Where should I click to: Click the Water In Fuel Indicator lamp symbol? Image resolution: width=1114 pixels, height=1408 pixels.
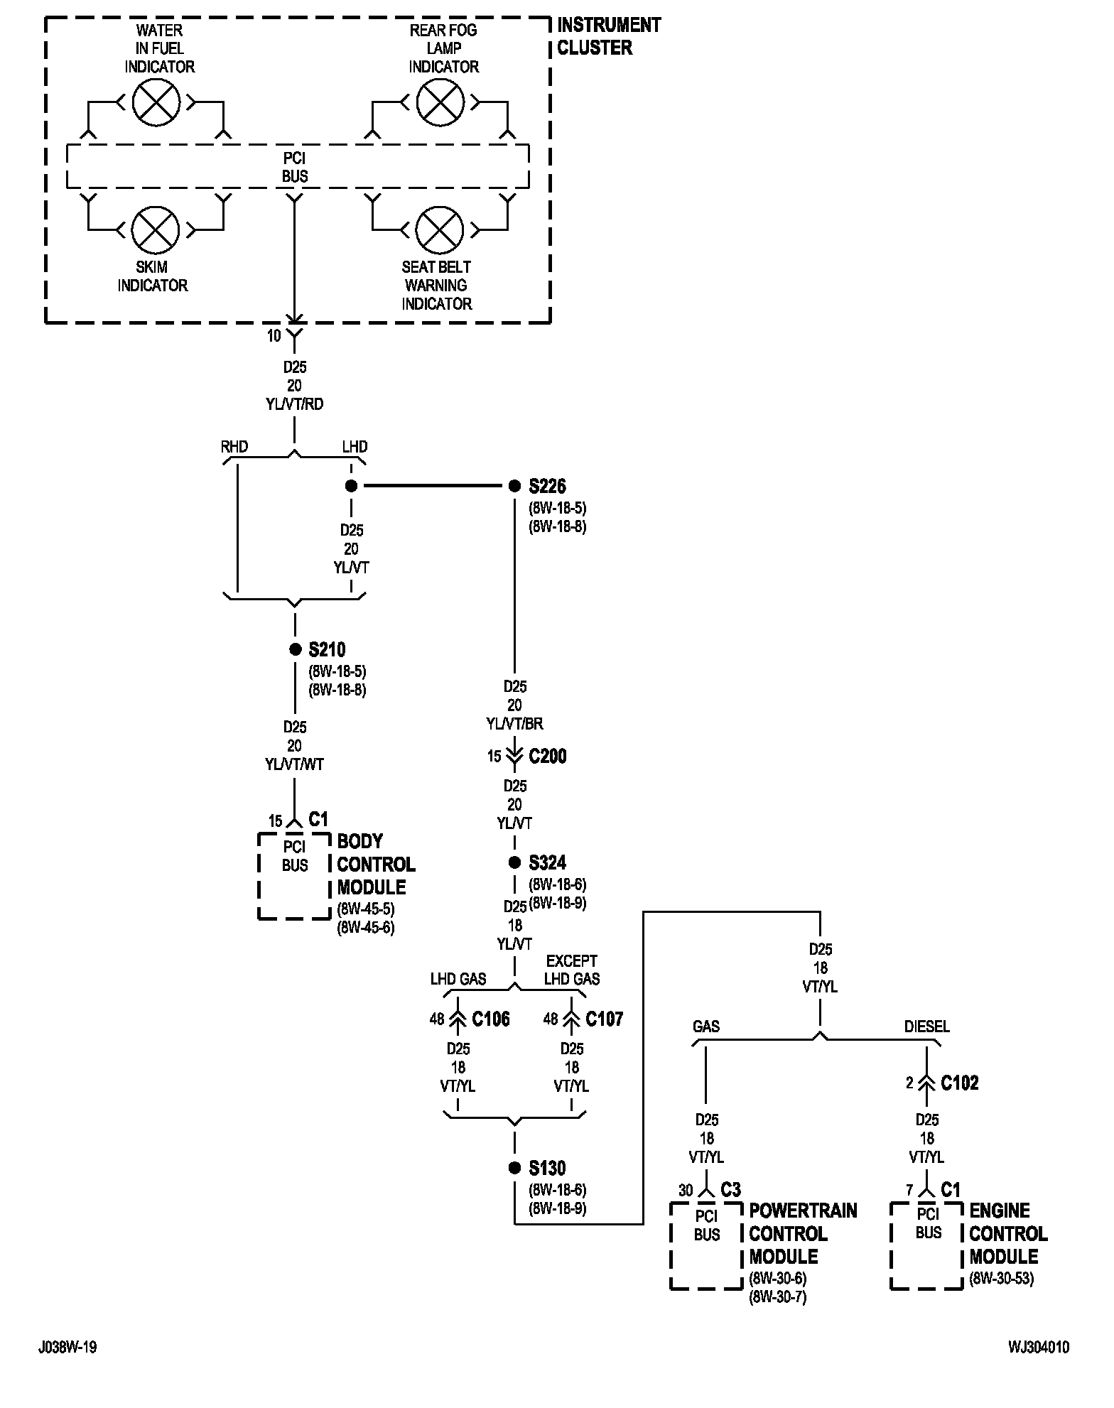[x=156, y=102]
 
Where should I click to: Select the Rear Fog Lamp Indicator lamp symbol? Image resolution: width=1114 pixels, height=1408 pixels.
[x=440, y=102]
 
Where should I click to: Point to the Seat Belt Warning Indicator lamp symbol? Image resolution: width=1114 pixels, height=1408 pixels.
[x=439, y=229]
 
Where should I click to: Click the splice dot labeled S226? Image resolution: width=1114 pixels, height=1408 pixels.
[x=515, y=486]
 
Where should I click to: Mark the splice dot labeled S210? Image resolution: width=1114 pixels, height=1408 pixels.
[x=295, y=649]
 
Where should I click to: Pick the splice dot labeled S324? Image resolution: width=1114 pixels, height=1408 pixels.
[x=515, y=862]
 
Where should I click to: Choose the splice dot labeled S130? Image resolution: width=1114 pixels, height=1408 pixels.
[x=515, y=1168]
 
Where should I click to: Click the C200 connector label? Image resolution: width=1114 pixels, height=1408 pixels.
[x=548, y=756]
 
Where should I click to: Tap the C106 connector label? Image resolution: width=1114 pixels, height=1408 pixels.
[x=491, y=1019]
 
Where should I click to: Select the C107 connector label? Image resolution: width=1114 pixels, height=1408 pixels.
[x=604, y=1019]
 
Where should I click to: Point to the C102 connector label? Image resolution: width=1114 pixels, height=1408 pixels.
[x=960, y=1083]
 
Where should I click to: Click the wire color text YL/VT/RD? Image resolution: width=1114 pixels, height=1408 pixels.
[x=294, y=404]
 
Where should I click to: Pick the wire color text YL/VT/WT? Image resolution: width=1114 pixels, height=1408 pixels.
[x=294, y=764]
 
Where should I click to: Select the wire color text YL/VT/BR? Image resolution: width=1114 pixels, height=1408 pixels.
[x=514, y=724]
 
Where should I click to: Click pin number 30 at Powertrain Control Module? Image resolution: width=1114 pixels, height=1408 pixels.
[x=686, y=1190]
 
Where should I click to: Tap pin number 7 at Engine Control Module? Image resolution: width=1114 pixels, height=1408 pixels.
[x=909, y=1190]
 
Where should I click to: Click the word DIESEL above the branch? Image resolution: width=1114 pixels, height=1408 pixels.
[x=926, y=1027]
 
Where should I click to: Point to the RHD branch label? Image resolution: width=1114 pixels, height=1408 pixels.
[x=234, y=447]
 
